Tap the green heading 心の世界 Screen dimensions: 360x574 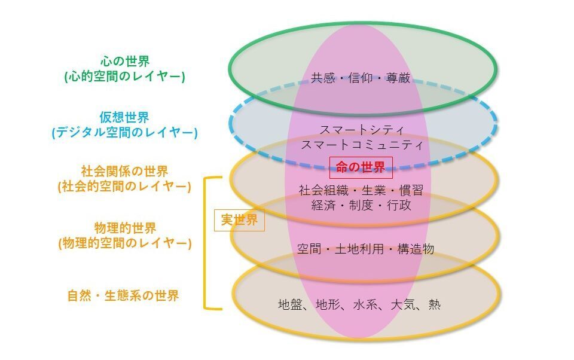click(125, 62)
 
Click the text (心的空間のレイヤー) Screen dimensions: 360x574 click(125, 77)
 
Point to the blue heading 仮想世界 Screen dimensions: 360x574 click(125, 117)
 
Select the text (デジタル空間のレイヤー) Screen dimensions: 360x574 click(125, 132)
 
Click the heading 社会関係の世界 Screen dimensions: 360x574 click(125, 171)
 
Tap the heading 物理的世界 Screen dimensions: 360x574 click(125, 228)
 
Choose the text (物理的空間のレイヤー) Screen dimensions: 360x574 click(125, 243)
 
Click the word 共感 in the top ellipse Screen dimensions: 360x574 click(321, 78)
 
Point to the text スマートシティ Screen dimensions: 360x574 click(362, 130)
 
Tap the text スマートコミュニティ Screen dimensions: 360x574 click(362, 145)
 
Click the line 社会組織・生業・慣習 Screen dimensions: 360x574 click(361, 190)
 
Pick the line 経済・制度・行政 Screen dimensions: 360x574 click(361, 205)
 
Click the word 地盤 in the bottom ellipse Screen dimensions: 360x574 click(290, 304)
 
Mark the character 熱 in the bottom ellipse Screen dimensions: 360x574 click(435, 304)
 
